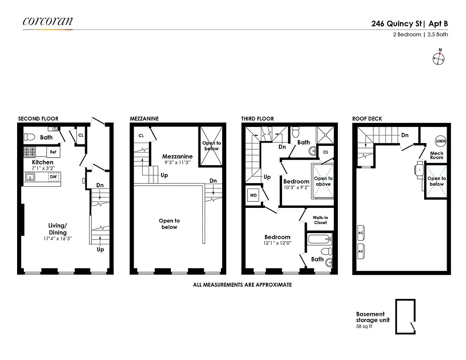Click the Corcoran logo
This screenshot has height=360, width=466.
click(x=48, y=21)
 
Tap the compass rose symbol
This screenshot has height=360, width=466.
click(x=439, y=57)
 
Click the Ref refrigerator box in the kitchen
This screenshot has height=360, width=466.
click(x=53, y=152)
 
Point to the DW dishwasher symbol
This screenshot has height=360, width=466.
click(x=53, y=177)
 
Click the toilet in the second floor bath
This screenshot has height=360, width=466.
click(x=29, y=137)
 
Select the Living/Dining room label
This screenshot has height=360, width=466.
click(x=58, y=229)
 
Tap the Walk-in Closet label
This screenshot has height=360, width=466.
click(x=320, y=220)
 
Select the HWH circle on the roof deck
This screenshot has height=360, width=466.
click(x=440, y=141)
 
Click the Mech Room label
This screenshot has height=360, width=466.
click(x=436, y=155)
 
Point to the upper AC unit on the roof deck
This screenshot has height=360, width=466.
click(x=360, y=232)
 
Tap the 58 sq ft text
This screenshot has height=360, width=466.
click(x=364, y=326)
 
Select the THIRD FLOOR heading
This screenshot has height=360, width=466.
click(x=257, y=119)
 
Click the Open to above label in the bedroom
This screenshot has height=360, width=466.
click(x=323, y=181)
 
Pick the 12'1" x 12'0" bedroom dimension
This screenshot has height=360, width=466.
click(x=278, y=243)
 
